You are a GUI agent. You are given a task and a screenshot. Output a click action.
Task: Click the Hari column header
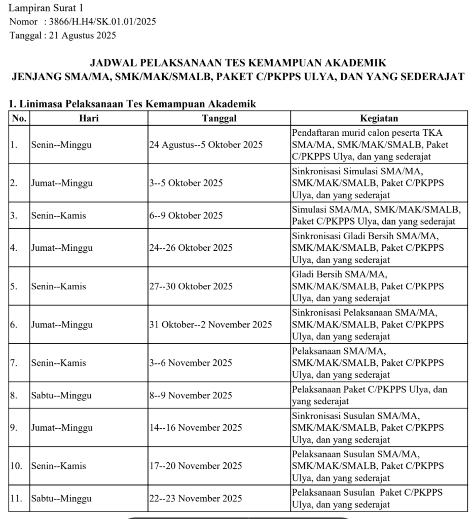89,119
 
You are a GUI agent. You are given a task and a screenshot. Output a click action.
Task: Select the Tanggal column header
219,119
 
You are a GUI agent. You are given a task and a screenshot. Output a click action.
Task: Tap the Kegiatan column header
379,119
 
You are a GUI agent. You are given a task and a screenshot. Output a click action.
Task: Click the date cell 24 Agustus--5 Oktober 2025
206,145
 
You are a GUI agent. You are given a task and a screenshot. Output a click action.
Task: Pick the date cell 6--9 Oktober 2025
186,215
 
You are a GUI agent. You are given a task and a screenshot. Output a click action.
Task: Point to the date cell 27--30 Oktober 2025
191,286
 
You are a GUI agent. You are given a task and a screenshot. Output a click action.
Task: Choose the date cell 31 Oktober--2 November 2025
210,324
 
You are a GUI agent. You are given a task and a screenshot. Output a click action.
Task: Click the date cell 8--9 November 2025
191,395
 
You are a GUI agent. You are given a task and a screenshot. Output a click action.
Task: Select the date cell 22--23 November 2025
196,498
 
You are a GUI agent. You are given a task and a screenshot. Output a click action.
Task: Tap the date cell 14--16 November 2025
196,428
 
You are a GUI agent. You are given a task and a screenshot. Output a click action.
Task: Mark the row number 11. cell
16,498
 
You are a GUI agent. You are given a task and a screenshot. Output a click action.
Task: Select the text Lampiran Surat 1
47,8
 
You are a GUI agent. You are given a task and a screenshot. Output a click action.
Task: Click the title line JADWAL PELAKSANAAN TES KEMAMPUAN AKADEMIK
238,63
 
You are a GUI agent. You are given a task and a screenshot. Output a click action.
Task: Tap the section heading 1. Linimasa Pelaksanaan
132,104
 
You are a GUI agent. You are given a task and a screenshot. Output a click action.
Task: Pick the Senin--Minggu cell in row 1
61,145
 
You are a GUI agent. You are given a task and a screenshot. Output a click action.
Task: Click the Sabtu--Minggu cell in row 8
61,395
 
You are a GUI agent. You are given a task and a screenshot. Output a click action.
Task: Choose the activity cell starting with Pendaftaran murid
370,145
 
